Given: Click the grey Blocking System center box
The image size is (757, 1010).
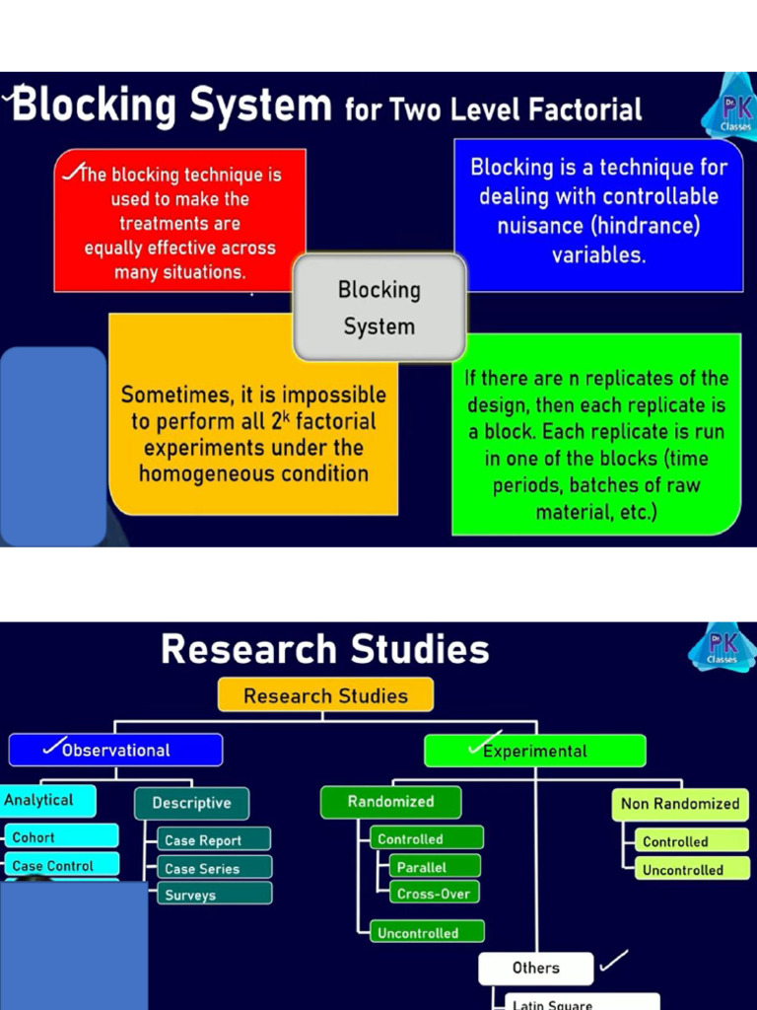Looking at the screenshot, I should click(379, 308).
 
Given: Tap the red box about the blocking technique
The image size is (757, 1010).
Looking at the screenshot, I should click(179, 221).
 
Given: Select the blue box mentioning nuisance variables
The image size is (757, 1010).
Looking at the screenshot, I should click(598, 214).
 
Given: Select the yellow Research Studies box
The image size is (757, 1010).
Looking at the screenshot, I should click(325, 695).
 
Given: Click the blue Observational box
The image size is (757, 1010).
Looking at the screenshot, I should click(115, 751).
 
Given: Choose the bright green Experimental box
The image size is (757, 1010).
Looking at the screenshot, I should click(534, 752).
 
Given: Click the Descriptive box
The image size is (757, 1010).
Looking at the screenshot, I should click(191, 803).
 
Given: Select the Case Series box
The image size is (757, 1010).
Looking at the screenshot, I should click(213, 869).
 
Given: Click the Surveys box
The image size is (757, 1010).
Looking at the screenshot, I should click(213, 896).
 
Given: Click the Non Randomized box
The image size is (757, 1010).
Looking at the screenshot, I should click(679, 804).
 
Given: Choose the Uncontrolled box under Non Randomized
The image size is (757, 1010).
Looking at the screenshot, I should click(684, 870).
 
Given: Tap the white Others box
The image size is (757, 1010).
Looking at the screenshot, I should click(535, 968).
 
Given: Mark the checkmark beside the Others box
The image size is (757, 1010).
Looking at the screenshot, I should click(613, 959).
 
